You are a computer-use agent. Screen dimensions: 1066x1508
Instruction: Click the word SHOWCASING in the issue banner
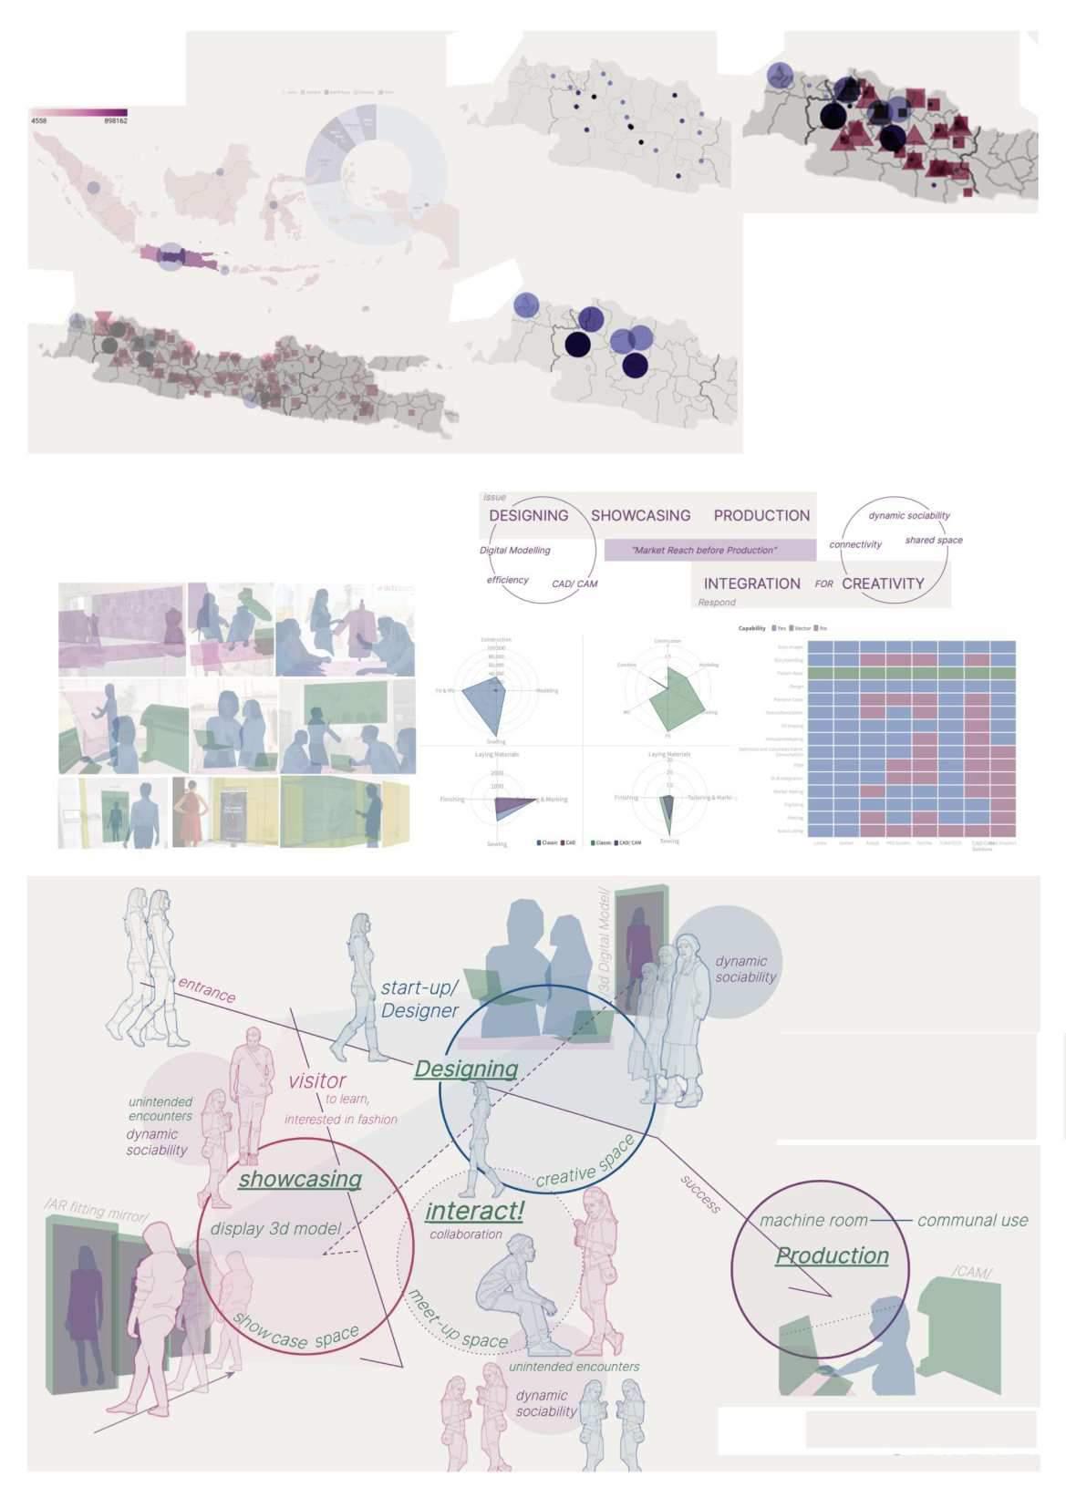click(640, 515)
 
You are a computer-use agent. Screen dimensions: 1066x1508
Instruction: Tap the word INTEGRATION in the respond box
click(751, 584)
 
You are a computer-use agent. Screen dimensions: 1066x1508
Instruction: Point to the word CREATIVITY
click(883, 584)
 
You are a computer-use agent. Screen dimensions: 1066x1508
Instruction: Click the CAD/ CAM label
click(574, 584)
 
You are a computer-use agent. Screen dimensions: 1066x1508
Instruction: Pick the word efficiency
click(507, 580)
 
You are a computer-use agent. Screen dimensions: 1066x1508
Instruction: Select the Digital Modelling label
click(514, 551)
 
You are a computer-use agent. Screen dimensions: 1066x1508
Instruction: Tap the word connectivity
click(855, 544)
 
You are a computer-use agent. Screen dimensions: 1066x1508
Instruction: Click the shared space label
click(933, 540)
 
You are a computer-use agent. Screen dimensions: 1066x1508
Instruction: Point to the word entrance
click(207, 989)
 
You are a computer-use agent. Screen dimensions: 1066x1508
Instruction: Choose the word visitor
click(317, 1081)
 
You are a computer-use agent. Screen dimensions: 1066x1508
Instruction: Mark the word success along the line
click(700, 1193)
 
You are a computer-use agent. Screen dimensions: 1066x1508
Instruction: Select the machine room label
click(813, 1220)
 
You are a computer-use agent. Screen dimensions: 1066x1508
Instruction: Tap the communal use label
click(972, 1220)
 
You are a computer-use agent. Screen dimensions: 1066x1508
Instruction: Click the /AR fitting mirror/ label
click(96, 1213)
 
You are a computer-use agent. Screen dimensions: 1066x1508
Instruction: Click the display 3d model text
click(275, 1228)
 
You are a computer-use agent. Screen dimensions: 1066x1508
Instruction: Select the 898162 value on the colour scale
click(116, 120)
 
